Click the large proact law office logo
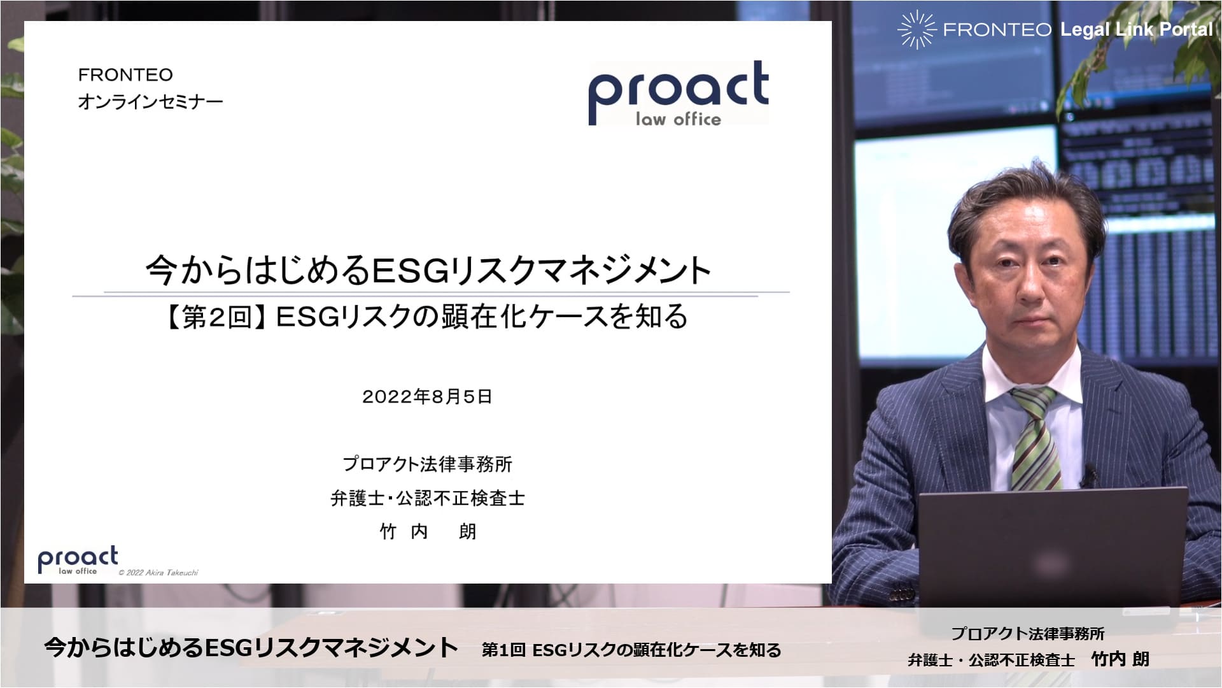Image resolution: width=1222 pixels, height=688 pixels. pos(678,94)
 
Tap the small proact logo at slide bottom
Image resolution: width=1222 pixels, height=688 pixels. pos(78,560)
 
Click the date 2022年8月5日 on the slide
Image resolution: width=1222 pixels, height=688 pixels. pos(427,397)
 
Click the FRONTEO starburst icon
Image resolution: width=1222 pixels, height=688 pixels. pos(916,29)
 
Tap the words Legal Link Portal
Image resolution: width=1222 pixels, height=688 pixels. pos(1137,29)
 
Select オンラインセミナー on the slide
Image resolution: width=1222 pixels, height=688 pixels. pos(150,102)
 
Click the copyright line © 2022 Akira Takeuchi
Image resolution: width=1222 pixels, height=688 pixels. pos(158,573)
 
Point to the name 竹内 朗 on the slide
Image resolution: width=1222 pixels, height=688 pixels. pos(428,531)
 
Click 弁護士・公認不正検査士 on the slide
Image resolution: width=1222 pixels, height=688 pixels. pos(428,498)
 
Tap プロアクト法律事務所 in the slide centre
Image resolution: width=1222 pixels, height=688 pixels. pos(428,464)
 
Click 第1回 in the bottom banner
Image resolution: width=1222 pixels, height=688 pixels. pos(503,650)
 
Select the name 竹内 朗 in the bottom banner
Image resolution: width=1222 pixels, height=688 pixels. pos(1120,659)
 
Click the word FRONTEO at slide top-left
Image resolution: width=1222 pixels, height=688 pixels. pos(125,75)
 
